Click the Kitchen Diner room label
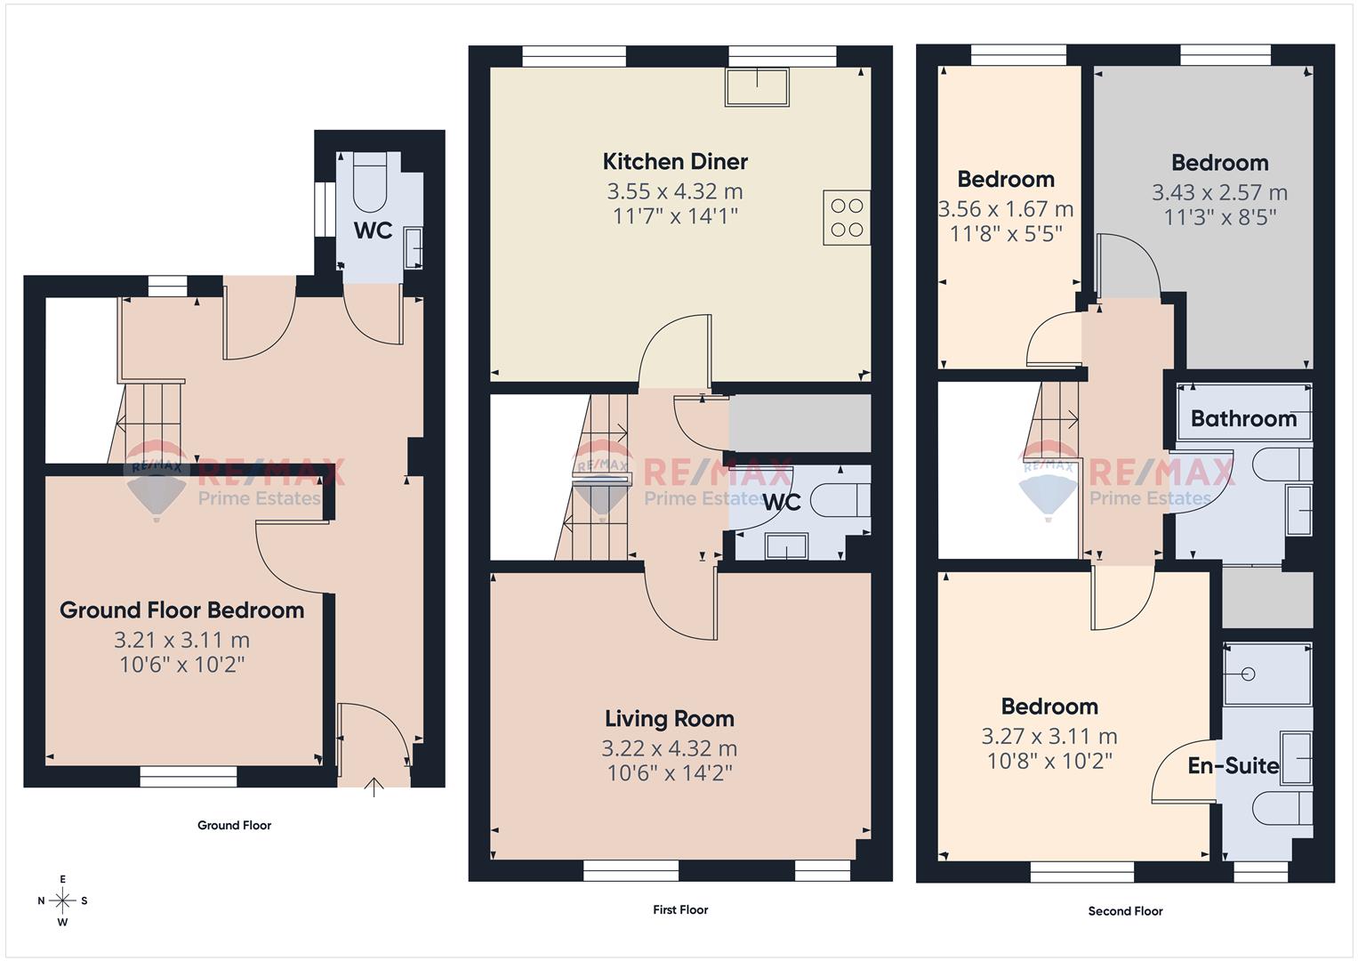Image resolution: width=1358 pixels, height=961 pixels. tap(675, 162)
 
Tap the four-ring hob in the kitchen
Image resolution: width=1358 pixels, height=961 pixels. tap(846, 218)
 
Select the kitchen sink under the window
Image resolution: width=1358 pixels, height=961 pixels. tap(757, 87)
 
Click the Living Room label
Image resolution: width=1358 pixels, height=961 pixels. tap(669, 719)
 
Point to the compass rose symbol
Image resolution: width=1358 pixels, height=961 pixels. tap(63, 900)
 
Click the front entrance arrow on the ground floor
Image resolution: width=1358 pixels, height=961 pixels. tap(374, 787)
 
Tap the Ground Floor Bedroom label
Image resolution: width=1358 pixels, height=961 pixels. tap(181, 610)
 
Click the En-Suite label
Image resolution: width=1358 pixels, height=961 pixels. tap(1233, 766)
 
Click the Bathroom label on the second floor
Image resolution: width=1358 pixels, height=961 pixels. tap(1243, 418)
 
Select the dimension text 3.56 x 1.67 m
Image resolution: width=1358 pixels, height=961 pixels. tap(1006, 210)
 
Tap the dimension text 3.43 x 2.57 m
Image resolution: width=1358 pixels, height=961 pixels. tap(1219, 193)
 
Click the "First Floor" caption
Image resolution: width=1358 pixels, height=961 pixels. tap(680, 909)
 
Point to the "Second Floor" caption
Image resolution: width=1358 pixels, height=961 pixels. tap(1125, 910)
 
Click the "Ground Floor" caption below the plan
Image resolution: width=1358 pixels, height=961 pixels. tap(234, 825)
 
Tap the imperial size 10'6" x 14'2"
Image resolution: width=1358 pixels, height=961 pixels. tap(669, 773)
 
